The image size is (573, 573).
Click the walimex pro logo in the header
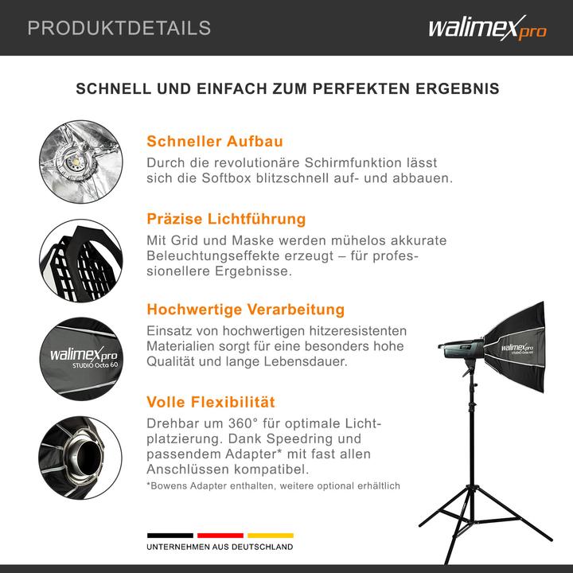pos(487,29)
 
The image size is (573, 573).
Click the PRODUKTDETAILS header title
pos(119,29)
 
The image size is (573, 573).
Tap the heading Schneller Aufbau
pos(215,142)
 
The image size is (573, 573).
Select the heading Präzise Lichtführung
pos(226,219)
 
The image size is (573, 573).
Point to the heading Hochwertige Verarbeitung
pos(245,310)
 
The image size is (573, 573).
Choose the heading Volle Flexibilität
pos(211,402)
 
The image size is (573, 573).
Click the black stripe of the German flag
pos(170,536)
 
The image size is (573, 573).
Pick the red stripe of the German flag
pos(220,536)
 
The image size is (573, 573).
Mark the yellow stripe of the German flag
pos(271,536)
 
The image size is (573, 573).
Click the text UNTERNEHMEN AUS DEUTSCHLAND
pos(220,548)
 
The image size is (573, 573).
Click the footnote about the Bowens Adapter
pos(273,485)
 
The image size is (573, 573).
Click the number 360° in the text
pos(247,423)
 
